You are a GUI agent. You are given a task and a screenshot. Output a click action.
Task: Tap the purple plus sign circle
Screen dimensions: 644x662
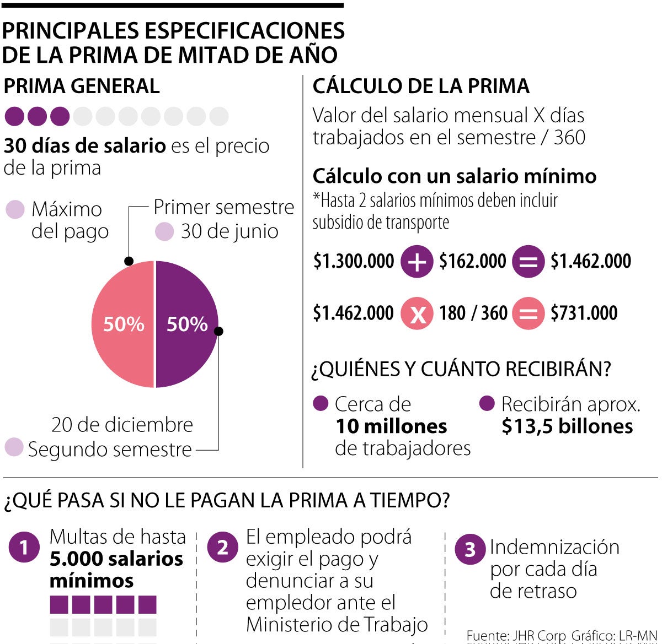click(417, 262)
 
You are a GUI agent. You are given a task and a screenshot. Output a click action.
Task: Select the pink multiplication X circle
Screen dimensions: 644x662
click(417, 313)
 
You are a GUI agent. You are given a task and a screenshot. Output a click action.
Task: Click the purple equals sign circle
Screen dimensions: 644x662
click(528, 262)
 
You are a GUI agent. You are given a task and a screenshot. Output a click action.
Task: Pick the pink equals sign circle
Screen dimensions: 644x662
click(528, 313)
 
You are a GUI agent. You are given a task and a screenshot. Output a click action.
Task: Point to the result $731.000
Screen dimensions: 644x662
click(584, 313)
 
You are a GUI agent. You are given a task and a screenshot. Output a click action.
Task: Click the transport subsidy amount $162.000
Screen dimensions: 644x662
click(472, 262)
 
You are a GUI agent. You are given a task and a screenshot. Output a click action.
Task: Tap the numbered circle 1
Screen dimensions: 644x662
click(24, 548)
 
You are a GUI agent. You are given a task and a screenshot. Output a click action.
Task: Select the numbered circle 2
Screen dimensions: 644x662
click(222, 548)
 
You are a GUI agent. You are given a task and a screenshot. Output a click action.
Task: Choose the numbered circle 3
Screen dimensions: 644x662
click(470, 549)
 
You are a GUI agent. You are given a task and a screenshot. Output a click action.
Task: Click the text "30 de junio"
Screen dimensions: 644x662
click(229, 231)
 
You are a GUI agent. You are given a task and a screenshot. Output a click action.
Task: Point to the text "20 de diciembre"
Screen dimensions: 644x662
click(122, 425)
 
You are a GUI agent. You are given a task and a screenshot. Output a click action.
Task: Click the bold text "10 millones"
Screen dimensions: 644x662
click(391, 426)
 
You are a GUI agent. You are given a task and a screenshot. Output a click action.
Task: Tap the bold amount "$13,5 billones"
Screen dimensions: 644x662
click(567, 426)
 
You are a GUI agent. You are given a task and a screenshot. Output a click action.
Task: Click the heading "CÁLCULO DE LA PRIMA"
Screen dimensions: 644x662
click(421, 86)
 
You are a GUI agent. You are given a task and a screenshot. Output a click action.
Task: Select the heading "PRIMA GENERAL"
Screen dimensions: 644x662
click(82, 86)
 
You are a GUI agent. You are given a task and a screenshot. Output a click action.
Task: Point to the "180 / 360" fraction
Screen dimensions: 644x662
click(473, 313)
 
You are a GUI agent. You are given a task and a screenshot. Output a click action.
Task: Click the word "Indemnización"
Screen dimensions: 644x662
click(554, 547)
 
